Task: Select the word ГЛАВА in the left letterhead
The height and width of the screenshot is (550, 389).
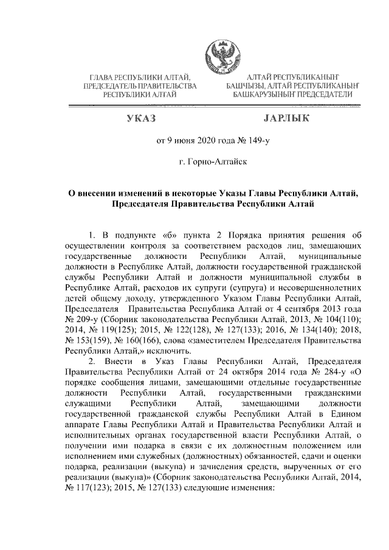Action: (102, 78)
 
